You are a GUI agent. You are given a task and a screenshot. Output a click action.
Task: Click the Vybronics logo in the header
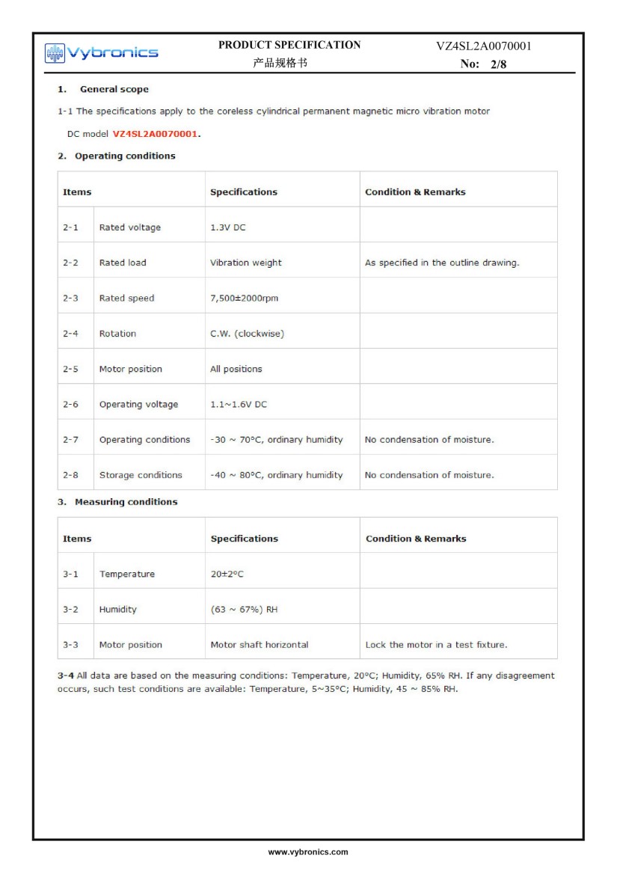click(101, 52)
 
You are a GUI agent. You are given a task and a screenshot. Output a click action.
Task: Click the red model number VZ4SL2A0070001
click(156, 134)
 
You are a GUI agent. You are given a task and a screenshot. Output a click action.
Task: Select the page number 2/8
click(498, 64)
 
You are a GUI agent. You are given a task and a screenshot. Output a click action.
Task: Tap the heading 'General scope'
click(114, 89)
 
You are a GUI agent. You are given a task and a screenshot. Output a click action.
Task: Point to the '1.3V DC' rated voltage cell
click(227, 227)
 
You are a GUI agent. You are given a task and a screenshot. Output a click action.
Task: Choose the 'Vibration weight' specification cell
click(246, 263)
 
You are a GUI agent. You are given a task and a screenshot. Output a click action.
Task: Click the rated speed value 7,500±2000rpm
click(244, 298)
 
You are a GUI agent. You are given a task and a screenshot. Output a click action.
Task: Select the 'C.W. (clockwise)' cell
click(247, 334)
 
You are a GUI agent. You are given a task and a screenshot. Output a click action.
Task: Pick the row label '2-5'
click(70, 369)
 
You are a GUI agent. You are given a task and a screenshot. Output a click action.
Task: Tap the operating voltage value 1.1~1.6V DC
click(239, 405)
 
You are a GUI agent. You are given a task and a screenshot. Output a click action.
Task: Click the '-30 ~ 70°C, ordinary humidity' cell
click(276, 440)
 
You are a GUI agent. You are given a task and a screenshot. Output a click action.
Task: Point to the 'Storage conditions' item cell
click(141, 475)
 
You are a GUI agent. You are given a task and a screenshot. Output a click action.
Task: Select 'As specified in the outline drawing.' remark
click(442, 263)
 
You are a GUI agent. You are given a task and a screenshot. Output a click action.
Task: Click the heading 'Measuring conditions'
click(126, 502)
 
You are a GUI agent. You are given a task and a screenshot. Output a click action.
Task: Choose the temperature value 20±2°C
click(227, 574)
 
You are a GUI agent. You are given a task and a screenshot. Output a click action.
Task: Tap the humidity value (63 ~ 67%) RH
click(244, 609)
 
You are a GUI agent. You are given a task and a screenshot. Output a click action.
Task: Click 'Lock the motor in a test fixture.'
click(436, 645)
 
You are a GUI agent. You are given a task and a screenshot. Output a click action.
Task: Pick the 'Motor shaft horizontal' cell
click(259, 645)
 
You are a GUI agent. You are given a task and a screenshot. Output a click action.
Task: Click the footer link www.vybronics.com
click(308, 852)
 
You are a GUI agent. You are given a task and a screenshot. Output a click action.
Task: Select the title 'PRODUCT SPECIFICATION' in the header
click(289, 45)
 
